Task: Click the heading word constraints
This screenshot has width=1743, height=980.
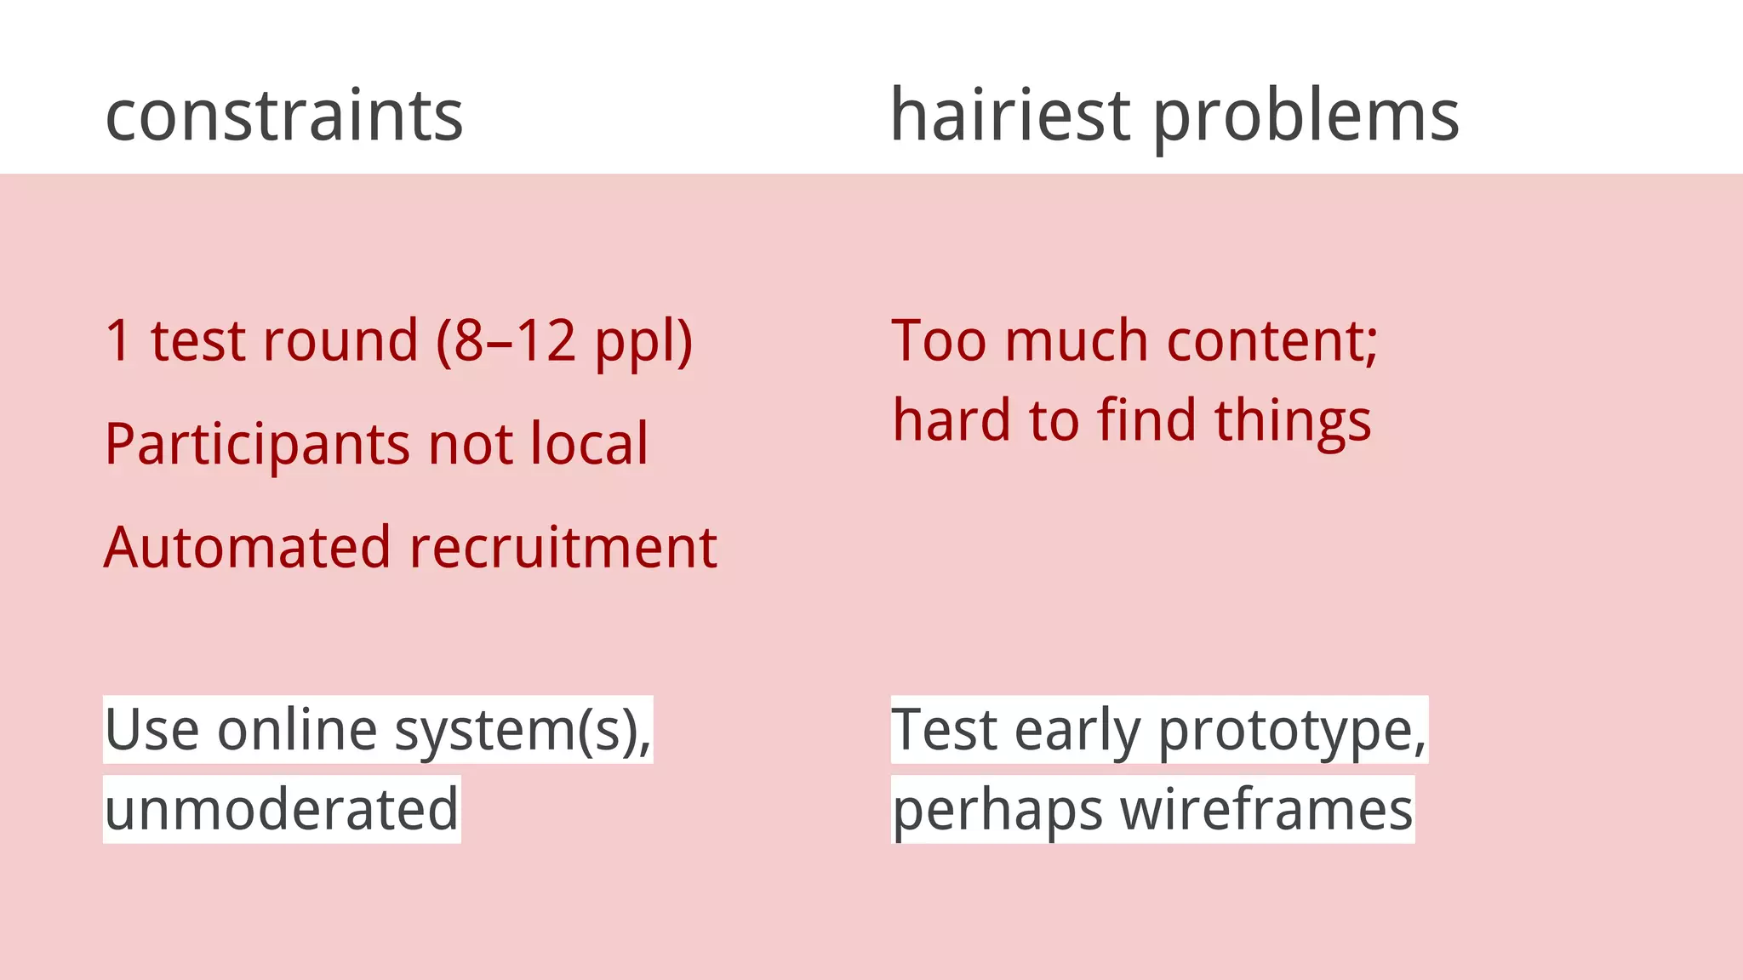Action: point(284,116)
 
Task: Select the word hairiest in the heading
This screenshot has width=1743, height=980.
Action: point(1010,116)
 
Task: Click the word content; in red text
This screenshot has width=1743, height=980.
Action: point(1272,340)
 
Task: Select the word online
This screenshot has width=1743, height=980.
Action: point(297,730)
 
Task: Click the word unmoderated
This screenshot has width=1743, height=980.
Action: point(282,809)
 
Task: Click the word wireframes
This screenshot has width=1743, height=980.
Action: point(1266,809)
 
